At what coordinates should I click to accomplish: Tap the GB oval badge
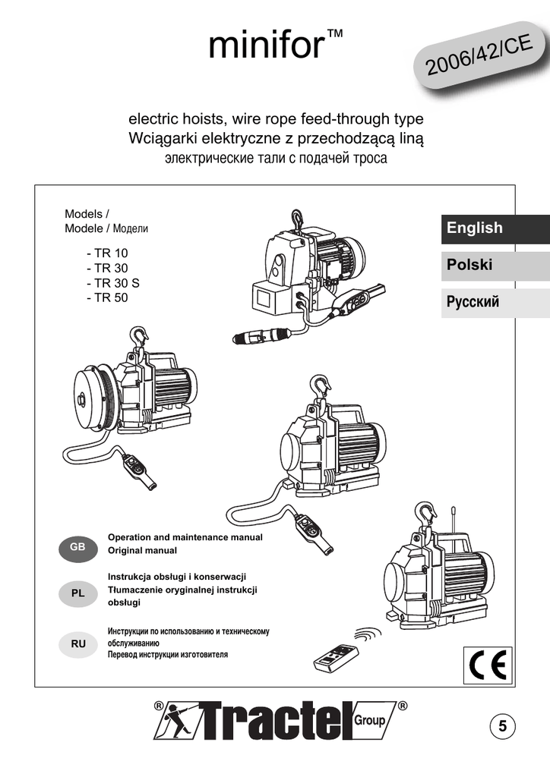click(77, 547)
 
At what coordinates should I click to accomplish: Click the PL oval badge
click(77, 593)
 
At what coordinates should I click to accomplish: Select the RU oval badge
click(77, 643)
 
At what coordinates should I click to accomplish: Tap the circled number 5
click(502, 726)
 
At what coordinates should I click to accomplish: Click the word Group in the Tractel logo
click(371, 719)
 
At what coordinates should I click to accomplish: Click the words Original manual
click(142, 550)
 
